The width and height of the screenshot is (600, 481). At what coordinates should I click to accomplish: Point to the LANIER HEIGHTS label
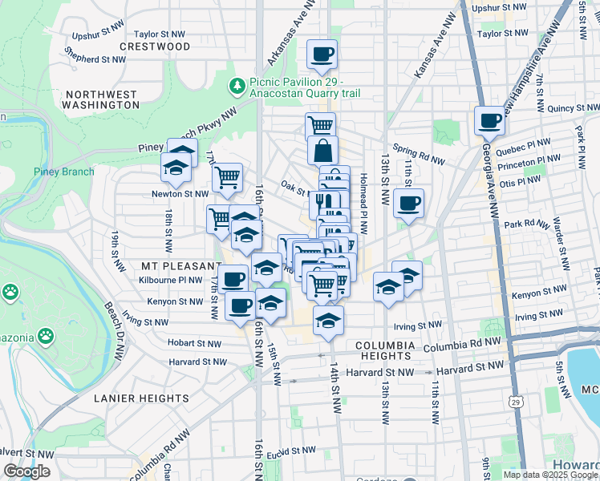(140, 398)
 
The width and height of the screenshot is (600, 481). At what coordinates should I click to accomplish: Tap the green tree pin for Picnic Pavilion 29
(237, 85)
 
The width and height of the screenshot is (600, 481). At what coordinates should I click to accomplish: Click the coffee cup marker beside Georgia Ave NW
(489, 122)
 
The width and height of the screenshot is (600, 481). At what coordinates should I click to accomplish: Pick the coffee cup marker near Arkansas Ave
(322, 55)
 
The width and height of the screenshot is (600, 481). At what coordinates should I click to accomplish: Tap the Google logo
(26, 472)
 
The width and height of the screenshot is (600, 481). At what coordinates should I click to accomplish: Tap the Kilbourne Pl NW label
(178, 281)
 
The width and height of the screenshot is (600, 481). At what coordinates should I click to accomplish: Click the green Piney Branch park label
(64, 172)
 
